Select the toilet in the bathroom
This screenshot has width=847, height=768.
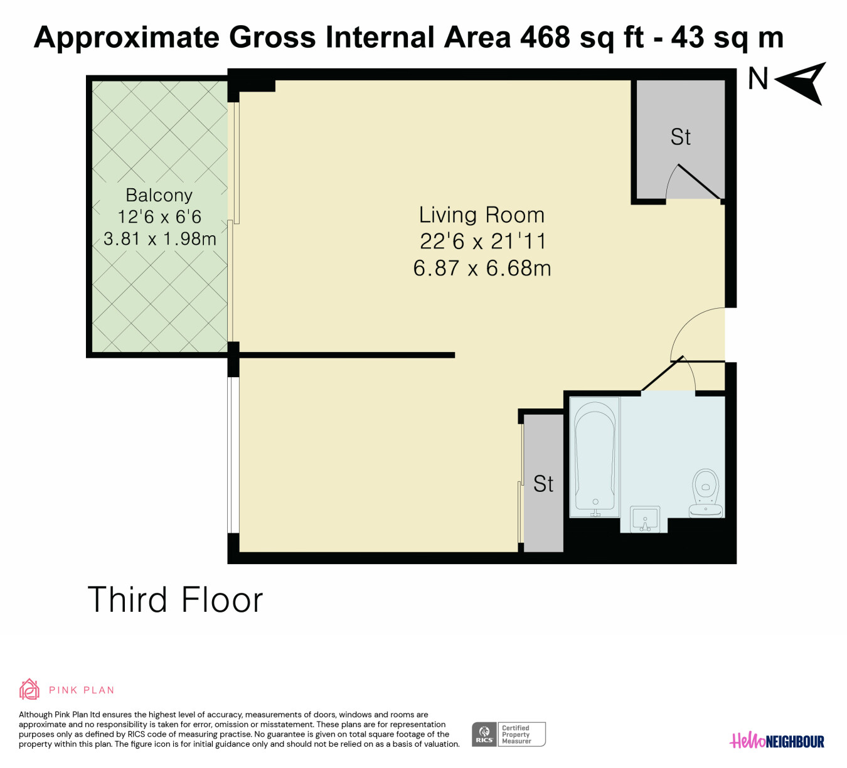click(x=706, y=493)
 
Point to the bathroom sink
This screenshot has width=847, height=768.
click(x=644, y=519)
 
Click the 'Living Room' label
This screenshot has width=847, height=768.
click(x=481, y=215)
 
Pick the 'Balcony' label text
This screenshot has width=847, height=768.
click(x=159, y=195)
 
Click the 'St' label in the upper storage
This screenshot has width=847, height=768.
click(x=681, y=137)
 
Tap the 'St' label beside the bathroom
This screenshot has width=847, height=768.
click(x=543, y=484)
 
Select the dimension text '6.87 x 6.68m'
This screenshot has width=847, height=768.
click(x=482, y=269)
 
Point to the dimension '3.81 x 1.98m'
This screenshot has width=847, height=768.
click(x=159, y=239)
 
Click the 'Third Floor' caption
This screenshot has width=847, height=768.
click(x=175, y=599)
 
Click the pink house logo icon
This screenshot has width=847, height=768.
click(x=29, y=690)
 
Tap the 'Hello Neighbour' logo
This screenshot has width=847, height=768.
click(x=777, y=741)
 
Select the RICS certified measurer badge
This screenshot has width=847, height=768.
click(x=509, y=734)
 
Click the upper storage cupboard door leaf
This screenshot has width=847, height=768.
click(x=699, y=182)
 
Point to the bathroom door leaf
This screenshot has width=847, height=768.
click(x=662, y=373)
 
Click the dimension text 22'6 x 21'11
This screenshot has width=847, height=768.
click(x=483, y=242)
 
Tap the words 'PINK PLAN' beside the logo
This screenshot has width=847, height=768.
click(x=82, y=690)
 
